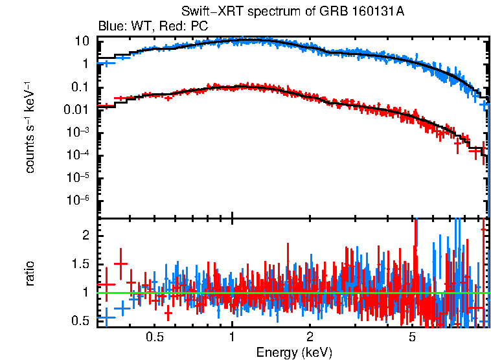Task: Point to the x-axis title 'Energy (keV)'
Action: (x=294, y=352)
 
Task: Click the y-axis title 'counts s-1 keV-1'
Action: (x=30, y=127)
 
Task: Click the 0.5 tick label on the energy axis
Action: (x=154, y=337)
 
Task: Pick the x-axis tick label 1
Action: (x=232, y=337)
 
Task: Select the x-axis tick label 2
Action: (x=310, y=337)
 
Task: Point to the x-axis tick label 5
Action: (x=412, y=337)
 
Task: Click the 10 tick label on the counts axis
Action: (x=82, y=41)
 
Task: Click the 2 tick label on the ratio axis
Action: (x=85, y=236)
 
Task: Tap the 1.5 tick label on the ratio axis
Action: (x=80, y=264)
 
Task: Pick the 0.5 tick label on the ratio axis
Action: (x=80, y=321)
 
